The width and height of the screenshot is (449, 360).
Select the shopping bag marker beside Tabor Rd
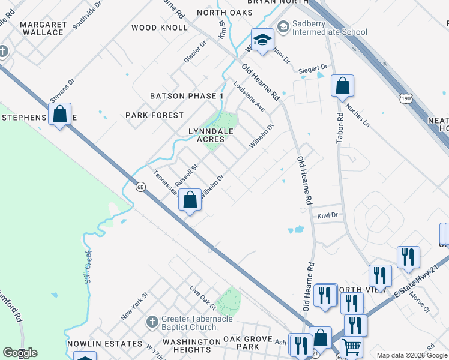click(x=342, y=88)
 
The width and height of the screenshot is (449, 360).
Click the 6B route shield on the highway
click(x=140, y=187)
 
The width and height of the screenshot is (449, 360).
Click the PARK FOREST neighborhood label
click(x=154, y=115)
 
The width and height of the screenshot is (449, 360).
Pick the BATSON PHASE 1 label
click(x=186, y=96)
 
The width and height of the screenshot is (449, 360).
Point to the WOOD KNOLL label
click(x=151, y=28)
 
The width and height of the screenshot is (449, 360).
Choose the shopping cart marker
click(x=351, y=347)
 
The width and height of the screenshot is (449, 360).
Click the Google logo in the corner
click(x=20, y=353)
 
